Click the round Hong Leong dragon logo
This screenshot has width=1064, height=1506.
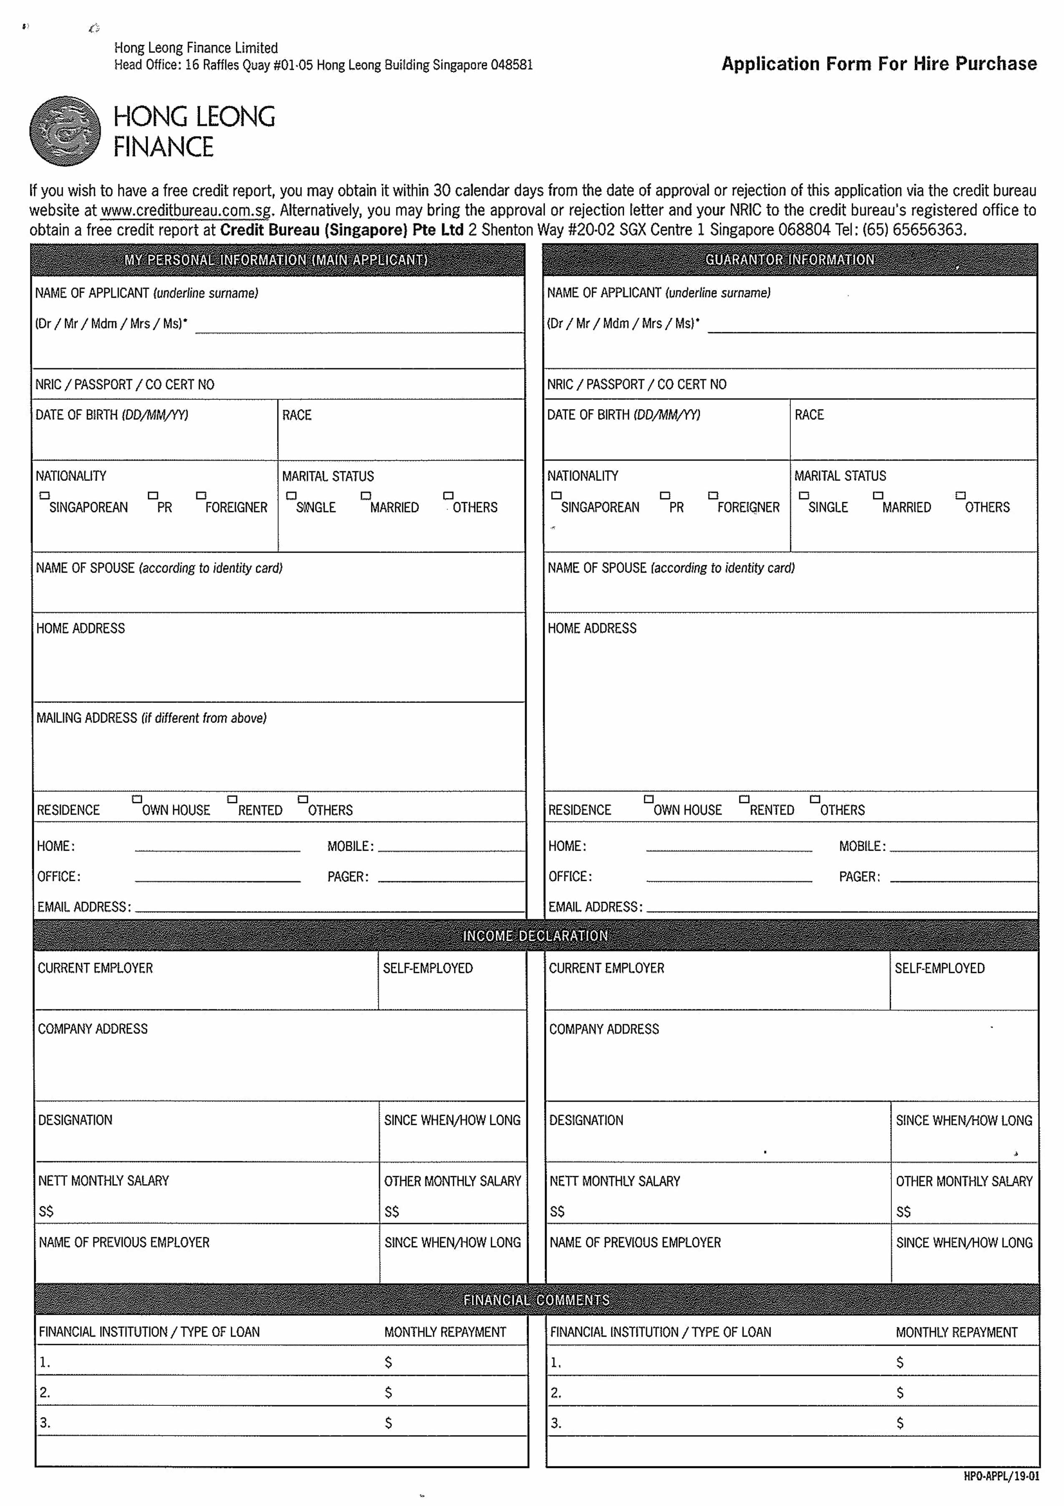click(65, 131)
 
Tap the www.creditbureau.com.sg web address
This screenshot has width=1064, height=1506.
click(186, 210)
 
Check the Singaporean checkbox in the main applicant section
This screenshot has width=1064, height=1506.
click(45, 495)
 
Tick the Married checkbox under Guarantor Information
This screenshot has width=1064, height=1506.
click(878, 495)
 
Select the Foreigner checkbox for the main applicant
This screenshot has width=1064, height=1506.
click(201, 495)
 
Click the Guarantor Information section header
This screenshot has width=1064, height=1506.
click(789, 260)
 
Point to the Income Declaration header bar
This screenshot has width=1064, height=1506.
click(536, 935)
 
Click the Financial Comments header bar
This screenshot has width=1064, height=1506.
click(536, 1299)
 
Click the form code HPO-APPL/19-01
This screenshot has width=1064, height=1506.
click(1001, 1476)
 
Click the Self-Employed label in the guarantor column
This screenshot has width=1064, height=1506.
click(939, 968)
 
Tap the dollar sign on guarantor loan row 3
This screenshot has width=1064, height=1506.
click(900, 1423)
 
